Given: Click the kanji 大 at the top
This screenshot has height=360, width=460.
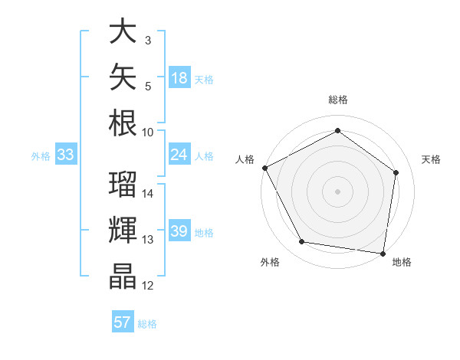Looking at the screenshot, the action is [123, 31].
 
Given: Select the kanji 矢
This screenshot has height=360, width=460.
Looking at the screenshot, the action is [123, 77].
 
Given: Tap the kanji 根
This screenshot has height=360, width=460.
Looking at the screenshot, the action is [123, 123].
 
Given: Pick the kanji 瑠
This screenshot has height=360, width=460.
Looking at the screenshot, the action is [123, 184].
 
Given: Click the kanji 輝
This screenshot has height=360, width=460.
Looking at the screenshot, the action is [123, 230].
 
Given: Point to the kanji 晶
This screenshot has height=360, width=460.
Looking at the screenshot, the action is [123, 277].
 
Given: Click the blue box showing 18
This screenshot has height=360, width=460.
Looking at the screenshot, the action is [179, 77].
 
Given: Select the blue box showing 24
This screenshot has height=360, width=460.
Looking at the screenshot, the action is [179, 154].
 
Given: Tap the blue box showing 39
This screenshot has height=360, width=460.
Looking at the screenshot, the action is [179, 230].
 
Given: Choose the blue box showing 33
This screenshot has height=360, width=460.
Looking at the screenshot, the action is [66, 154].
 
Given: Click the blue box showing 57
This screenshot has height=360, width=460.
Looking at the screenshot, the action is [123, 321].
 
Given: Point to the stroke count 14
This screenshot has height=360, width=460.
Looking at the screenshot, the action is [147, 194].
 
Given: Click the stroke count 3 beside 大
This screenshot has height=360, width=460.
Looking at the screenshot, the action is [148, 41].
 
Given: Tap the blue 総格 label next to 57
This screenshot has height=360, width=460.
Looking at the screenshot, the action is [147, 324].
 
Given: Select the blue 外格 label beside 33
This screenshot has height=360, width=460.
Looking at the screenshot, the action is [41, 156].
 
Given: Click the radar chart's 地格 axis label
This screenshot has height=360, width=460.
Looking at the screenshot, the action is [402, 262].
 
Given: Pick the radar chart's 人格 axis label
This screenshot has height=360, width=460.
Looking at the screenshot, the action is [245, 159].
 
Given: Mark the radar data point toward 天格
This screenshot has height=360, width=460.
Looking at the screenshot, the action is [396, 172].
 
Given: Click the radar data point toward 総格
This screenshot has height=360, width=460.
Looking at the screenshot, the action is [337, 130].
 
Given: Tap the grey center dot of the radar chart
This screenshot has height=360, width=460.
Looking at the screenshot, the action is [337, 191].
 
